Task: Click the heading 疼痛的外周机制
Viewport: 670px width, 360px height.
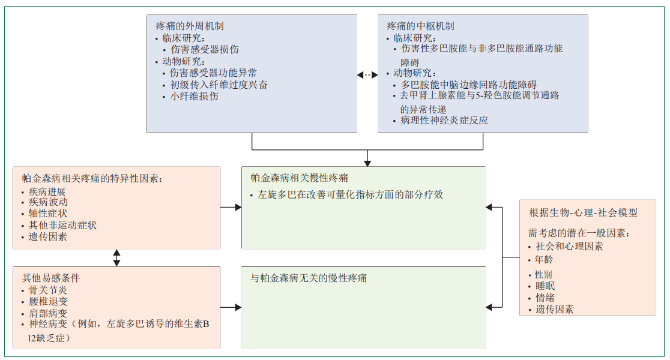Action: [190, 26]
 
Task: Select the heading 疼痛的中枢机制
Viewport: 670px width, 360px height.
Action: [420, 26]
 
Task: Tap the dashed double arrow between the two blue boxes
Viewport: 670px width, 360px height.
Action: [367, 75]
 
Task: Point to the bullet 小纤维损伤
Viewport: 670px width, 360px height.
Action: [194, 96]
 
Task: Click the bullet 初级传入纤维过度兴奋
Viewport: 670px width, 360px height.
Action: [219, 85]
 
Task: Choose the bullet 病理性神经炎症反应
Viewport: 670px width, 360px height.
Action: [444, 120]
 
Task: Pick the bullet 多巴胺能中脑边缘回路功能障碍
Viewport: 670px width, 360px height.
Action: [468, 85]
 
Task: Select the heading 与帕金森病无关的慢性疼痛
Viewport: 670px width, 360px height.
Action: [309, 278]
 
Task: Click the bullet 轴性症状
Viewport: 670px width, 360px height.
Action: [48, 214]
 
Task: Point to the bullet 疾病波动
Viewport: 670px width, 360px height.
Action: [48, 202]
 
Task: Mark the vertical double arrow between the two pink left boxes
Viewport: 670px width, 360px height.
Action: [116, 258]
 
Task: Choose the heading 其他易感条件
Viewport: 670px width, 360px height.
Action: [51, 278]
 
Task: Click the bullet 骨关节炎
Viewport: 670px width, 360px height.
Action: [48, 290]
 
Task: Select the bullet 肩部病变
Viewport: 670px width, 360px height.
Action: [48, 313]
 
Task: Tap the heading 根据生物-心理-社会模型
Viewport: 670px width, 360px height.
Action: [583, 212]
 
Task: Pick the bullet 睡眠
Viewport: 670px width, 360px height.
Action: [545, 286]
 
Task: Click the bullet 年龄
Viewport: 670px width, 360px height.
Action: [544, 260]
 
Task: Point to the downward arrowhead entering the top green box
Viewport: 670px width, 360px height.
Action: [367, 163]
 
